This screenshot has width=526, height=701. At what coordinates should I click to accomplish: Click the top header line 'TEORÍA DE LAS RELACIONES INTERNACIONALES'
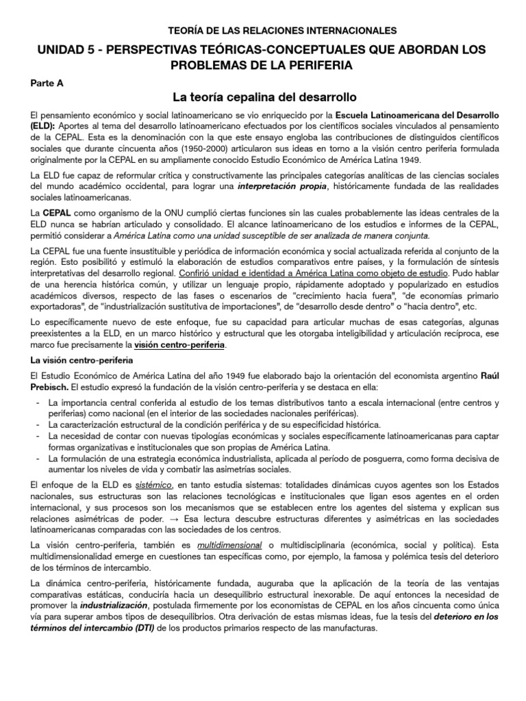(x=282, y=31)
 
